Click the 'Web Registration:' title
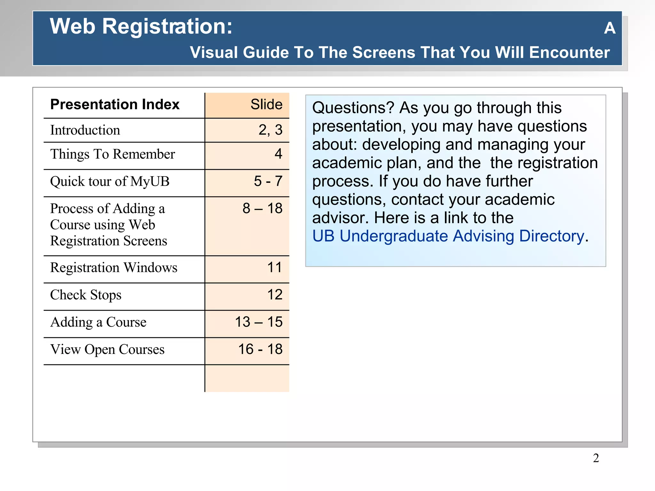point(141,26)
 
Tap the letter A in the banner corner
point(610,28)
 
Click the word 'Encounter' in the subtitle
point(569,52)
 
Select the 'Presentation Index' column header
point(115,105)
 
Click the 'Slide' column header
point(266,105)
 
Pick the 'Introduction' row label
point(85,130)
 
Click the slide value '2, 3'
point(270,130)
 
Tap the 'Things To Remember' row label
point(113,154)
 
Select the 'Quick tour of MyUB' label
point(110,181)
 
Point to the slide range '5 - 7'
point(268,181)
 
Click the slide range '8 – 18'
point(262,208)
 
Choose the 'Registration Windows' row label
point(114,268)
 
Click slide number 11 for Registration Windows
point(274,268)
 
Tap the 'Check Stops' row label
point(86,295)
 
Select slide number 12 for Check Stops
point(275,295)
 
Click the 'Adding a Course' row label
point(98,322)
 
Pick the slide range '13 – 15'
point(259,322)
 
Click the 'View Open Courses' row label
point(107,349)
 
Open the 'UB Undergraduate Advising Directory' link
point(448,236)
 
